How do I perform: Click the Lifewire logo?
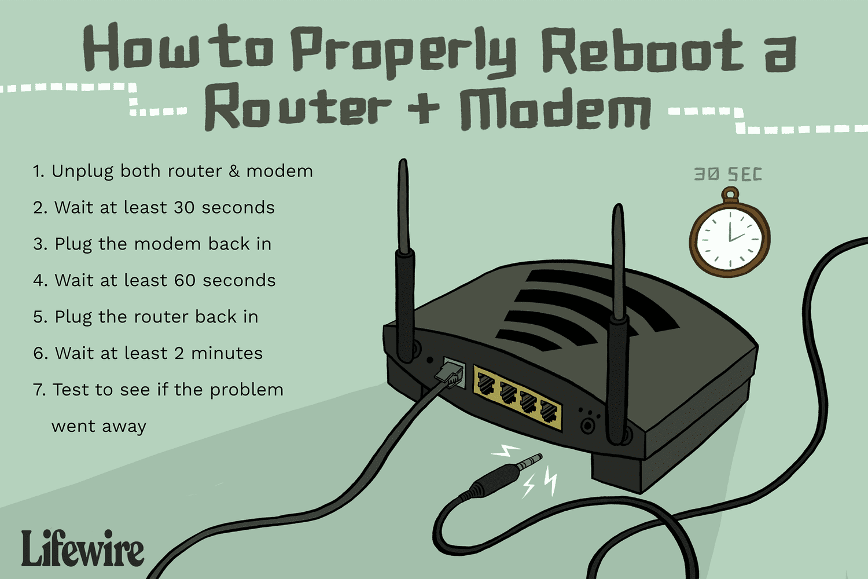click(x=82, y=548)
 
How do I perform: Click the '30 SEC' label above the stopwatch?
click(x=728, y=174)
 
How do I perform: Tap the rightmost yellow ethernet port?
click(x=548, y=411)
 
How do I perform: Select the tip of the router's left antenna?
click(x=403, y=165)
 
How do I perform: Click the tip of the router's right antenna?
click(x=618, y=210)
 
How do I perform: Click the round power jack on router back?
click(x=588, y=426)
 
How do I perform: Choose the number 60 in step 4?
click(x=185, y=280)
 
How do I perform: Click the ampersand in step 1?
click(x=234, y=171)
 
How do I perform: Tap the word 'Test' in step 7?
click(x=71, y=390)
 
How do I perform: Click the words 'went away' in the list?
click(x=99, y=427)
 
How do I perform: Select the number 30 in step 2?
click(x=184, y=207)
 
